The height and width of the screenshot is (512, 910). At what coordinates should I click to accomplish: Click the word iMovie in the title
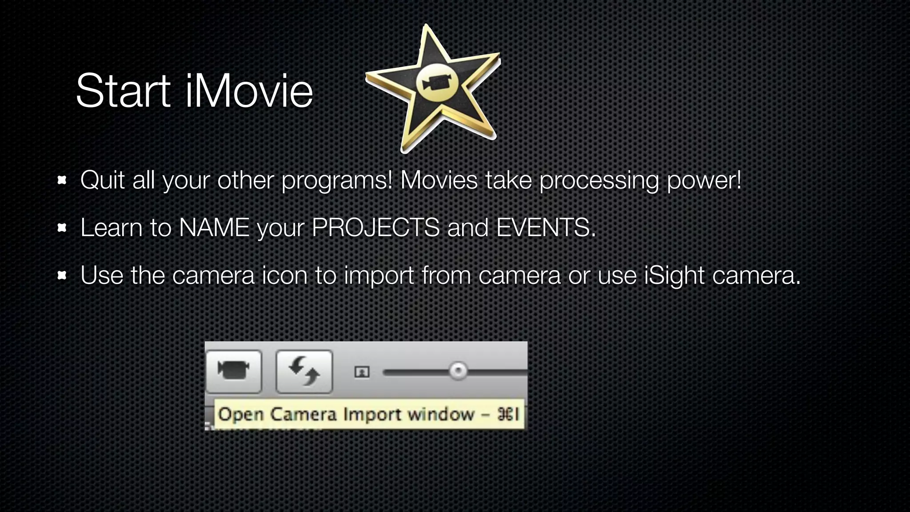pos(249,91)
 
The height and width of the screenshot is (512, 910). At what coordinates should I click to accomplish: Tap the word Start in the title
pos(124,91)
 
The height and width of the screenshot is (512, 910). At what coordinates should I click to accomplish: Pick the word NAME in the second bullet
pos(214,228)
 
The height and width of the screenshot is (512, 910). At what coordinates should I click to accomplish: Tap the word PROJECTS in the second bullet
pos(375,228)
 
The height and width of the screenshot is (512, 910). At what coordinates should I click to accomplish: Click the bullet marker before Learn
pos(62,228)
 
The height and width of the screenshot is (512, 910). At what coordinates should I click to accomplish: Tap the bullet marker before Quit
pos(62,180)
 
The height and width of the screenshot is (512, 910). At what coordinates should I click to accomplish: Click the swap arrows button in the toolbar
pos(304,372)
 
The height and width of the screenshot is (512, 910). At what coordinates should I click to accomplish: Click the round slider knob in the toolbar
pos(458,371)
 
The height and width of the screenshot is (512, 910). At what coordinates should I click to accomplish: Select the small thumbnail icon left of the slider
pos(362,372)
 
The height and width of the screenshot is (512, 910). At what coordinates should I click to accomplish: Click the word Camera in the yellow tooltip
pos(303,415)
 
